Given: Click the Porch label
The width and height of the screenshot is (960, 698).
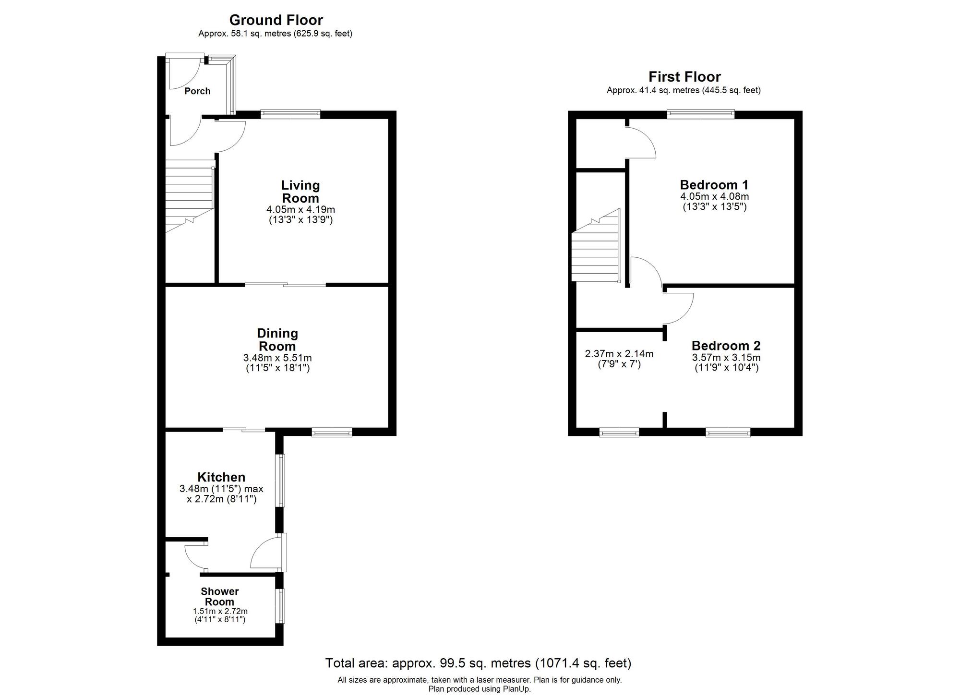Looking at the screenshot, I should (x=197, y=91).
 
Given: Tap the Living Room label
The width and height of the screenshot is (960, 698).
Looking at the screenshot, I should (x=300, y=192).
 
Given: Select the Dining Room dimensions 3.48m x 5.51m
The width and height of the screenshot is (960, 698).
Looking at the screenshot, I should (x=277, y=358).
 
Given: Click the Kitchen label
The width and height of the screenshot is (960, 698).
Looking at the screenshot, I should (x=221, y=477).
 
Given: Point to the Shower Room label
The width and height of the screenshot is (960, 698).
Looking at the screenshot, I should (x=220, y=597).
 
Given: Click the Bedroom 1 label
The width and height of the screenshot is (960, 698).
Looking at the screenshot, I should (x=714, y=185).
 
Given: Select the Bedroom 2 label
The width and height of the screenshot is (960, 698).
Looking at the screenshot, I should (x=726, y=346).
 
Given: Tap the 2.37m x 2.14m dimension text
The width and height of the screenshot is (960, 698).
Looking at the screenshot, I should (x=619, y=354).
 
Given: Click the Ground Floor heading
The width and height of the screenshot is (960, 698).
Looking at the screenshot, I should (x=276, y=20).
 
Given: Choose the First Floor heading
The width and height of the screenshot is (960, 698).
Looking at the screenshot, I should (x=684, y=77).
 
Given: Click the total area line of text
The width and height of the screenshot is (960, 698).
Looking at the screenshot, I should (x=478, y=663).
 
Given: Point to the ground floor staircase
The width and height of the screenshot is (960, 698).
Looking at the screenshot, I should (x=190, y=197).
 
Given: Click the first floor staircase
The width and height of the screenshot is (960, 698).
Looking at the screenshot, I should (x=595, y=250).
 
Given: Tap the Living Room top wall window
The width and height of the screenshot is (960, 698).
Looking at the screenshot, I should (x=290, y=114).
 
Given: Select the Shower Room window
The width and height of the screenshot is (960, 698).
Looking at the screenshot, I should (x=279, y=606).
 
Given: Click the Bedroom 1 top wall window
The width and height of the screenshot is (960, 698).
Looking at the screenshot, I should (x=701, y=114).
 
